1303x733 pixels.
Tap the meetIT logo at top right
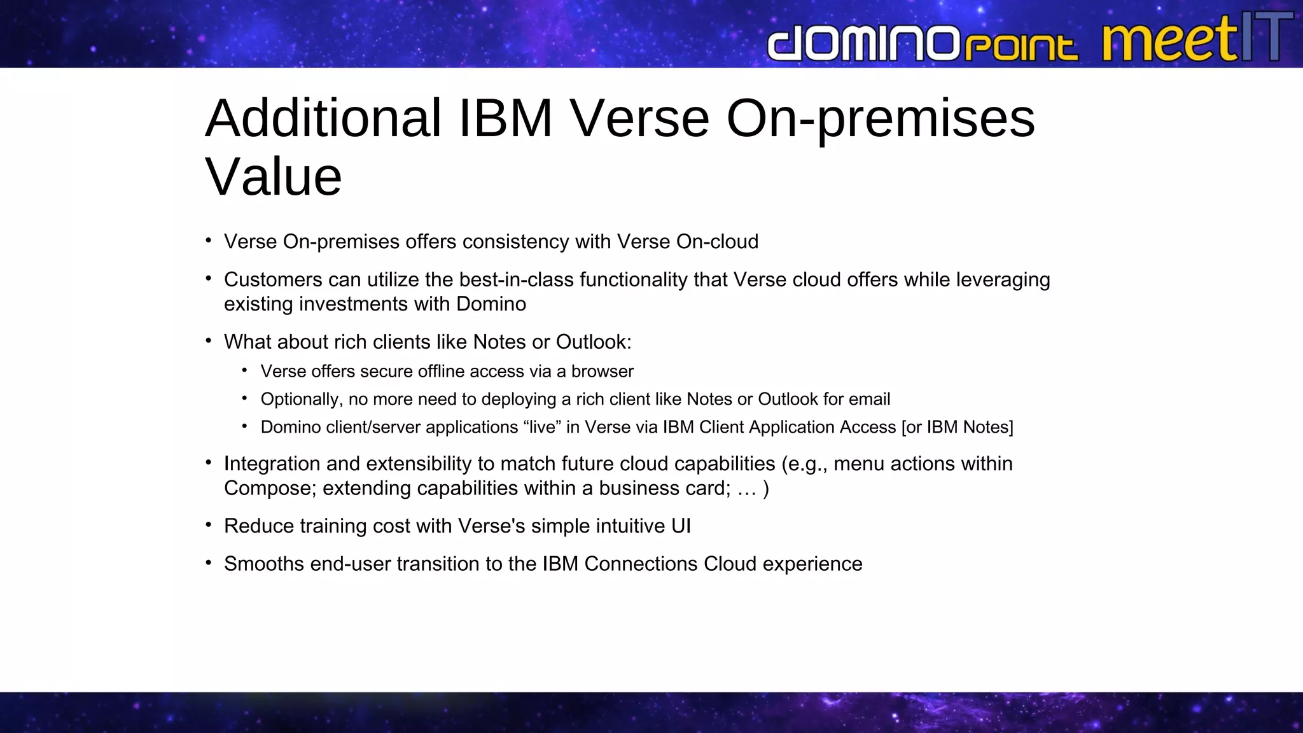1196,38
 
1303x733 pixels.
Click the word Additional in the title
323,118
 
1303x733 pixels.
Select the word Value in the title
274,177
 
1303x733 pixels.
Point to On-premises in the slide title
881,120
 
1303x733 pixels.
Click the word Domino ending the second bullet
491,304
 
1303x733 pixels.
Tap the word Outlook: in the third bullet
594,342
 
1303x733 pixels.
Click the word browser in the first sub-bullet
602,372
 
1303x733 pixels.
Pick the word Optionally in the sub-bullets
301,400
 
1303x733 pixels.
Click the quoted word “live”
542,427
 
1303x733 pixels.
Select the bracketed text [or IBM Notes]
957,427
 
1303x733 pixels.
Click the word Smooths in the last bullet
263,564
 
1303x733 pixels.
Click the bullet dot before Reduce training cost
208,525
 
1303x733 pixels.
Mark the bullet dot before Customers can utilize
208,278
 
